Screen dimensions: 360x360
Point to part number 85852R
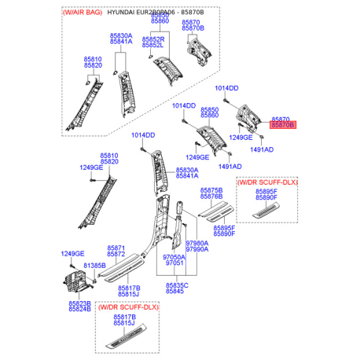pyautogui.click(x=153, y=39)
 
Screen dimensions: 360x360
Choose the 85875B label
pyautogui.click(x=211, y=191)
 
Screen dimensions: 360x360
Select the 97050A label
pyautogui.click(x=174, y=257)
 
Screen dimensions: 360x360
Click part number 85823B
pyautogui.click(x=79, y=303)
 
